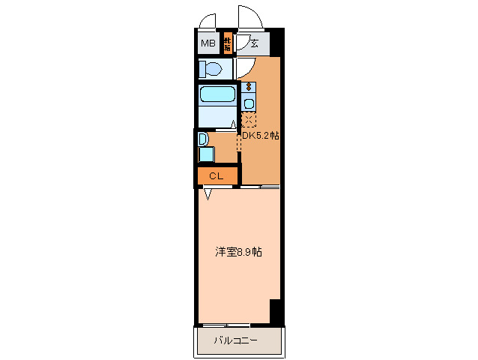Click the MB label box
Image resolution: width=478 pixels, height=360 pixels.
click(208, 43)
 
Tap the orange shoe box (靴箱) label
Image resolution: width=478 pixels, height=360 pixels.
click(227, 43)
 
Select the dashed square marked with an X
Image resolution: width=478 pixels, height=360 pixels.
click(249, 120)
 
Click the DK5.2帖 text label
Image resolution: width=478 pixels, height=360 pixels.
click(260, 136)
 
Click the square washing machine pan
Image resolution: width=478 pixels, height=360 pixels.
click(205, 154)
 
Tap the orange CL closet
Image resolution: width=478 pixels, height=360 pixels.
click(217, 176)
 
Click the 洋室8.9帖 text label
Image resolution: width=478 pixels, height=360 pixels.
click(238, 252)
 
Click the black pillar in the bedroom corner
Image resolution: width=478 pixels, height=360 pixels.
click(275, 310)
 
